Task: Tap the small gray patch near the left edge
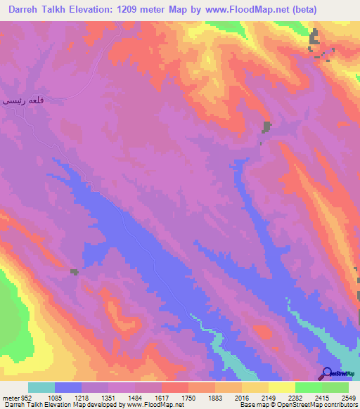click(74, 272)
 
